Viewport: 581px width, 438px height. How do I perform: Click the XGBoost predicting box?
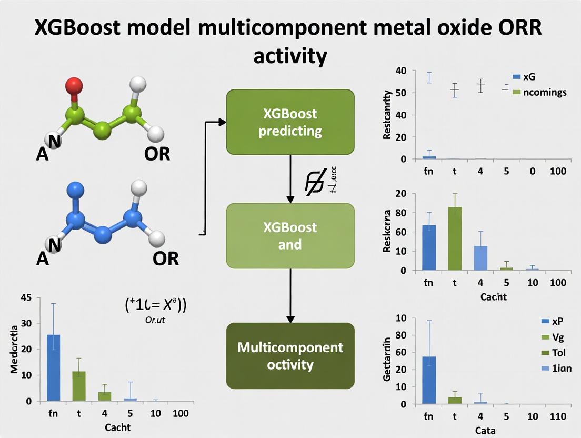(x=290, y=122)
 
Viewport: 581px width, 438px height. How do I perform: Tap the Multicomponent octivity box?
(x=290, y=356)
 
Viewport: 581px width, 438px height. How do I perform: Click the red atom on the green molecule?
(x=75, y=85)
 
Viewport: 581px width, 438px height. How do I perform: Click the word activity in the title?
(x=290, y=55)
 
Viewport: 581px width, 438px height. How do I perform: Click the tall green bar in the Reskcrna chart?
(x=455, y=238)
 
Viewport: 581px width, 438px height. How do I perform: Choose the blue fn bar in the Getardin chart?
(x=429, y=380)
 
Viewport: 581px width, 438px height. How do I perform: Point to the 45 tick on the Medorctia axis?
(x=26, y=298)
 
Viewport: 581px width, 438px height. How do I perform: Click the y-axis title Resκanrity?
(x=388, y=115)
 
